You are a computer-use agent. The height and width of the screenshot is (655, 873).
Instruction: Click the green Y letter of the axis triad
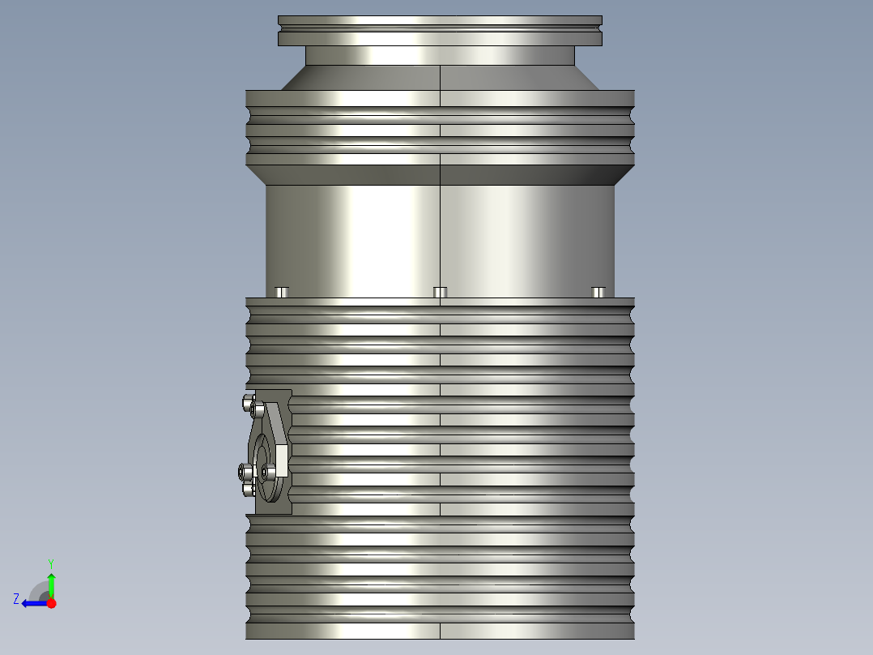coord(50,563)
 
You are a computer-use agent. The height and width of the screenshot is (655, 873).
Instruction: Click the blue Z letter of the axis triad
coord(16,598)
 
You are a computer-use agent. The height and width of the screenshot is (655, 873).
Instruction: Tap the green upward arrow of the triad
coord(51,582)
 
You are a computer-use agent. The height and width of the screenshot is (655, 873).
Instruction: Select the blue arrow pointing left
coord(32,603)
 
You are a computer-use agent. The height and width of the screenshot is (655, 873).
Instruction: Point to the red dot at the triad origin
coord(52,603)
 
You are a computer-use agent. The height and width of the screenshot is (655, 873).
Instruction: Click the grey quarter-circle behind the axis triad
coord(39,590)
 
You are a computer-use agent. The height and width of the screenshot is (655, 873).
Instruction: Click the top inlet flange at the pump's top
coord(440,30)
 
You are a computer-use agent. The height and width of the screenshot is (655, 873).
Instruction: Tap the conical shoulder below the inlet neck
coord(440,78)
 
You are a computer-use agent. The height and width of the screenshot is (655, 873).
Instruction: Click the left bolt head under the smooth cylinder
coord(282,292)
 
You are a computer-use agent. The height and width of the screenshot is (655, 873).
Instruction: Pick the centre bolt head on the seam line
coord(440,292)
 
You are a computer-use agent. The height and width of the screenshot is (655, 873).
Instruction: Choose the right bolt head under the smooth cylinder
coord(598,292)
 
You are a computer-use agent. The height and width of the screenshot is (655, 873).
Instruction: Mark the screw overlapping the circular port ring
coord(269,471)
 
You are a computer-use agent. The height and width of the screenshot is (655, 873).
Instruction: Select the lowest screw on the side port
coord(249,489)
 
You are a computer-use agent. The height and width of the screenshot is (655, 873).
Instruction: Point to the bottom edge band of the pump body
coord(440,631)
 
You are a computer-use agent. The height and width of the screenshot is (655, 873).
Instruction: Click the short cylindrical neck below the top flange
coord(440,56)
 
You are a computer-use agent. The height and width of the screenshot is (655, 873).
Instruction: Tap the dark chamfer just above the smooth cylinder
coord(440,175)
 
